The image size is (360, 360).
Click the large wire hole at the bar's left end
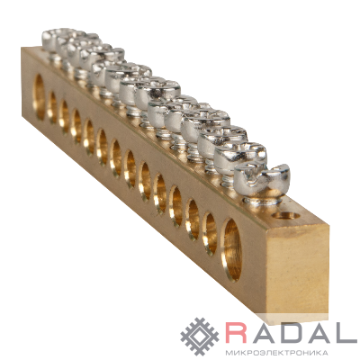(39, 97)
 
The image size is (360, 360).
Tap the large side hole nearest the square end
(231, 249)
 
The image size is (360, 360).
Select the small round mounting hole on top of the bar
(286, 215)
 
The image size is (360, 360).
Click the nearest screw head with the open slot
(262, 178)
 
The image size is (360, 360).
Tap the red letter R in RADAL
(237, 332)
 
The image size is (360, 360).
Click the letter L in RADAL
(346, 332)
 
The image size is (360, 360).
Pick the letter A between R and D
(263, 332)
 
